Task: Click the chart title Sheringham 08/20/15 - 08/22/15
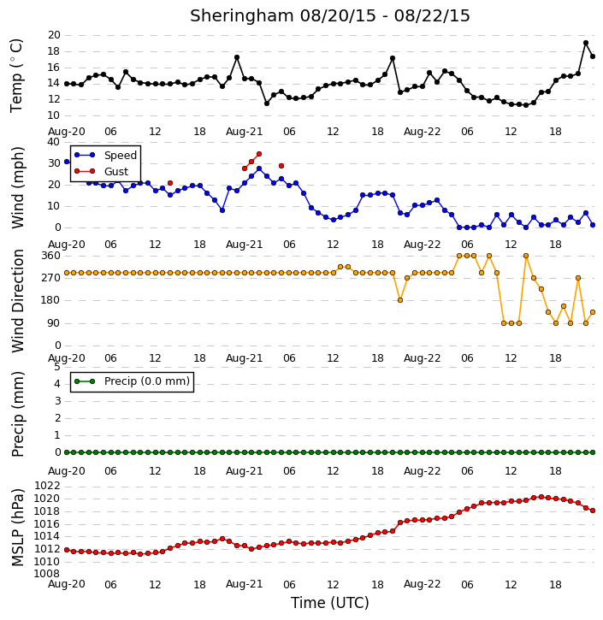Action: (x=330, y=16)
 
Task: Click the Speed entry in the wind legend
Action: (x=121, y=156)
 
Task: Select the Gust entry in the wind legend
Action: (x=116, y=171)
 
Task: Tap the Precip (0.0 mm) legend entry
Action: (x=147, y=381)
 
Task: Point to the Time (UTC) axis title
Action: (x=330, y=603)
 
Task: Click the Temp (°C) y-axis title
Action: (x=16, y=75)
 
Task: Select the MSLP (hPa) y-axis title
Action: (x=17, y=528)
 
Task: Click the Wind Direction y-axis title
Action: (x=18, y=301)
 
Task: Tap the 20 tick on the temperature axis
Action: (x=54, y=35)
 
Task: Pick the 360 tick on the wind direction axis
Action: (x=51, y=256)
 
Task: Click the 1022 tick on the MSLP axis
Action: (x=47, y=486)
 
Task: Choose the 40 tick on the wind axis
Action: (x=54, y=142)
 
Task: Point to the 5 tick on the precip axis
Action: (x=57, y=367)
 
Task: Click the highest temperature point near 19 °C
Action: (x=586, y=43)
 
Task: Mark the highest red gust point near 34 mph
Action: (x=259, y=154)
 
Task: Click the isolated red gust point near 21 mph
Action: (x=170, y=183)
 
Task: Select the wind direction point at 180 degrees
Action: (x=400, y=300)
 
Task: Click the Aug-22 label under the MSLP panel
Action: (x=423, y=584)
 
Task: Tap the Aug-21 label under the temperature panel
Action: (x=245, y=132)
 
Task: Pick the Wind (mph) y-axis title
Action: (x=18, y=187)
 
